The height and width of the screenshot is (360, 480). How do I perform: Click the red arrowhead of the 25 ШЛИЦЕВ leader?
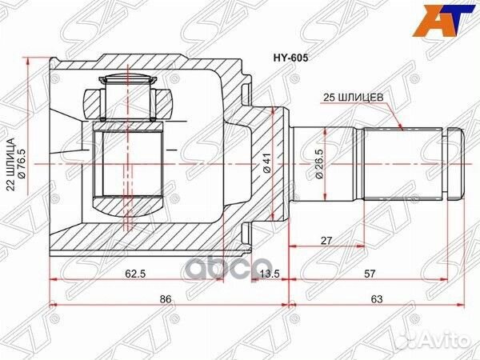click(400, 129)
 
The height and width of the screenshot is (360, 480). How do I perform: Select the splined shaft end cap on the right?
click(454, 165)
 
